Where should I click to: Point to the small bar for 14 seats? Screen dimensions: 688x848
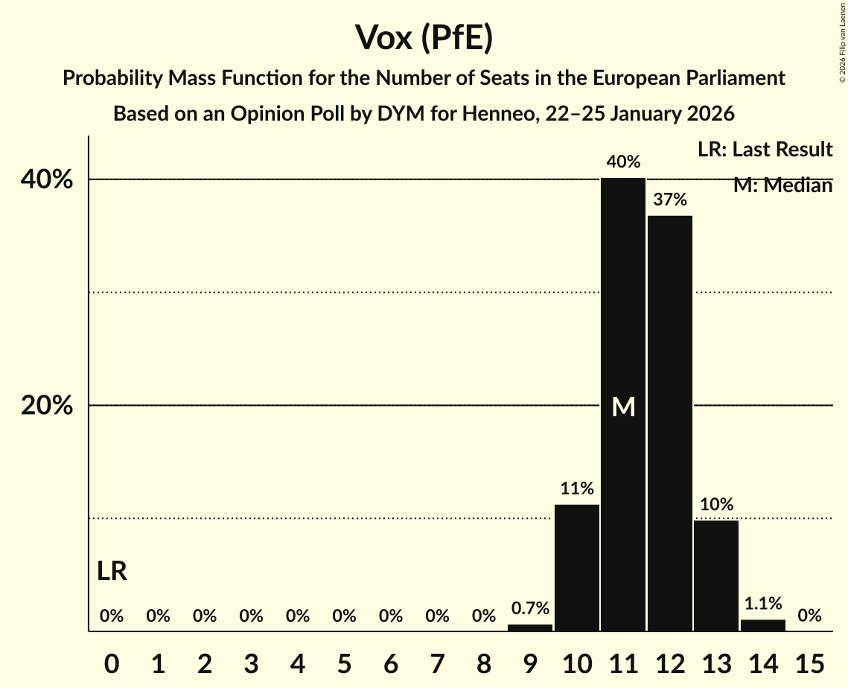[x=762, y=625]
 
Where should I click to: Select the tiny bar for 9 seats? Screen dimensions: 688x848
[x=530, y=628]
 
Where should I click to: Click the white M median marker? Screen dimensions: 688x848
[x=623, y=407]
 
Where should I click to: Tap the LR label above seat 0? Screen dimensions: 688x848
[x=112, y=572]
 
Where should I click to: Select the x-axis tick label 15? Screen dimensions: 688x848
[x=809, y=662]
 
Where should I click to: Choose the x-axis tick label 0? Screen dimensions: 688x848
[x=112, y=662]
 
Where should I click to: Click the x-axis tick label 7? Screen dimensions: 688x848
[x=437, y=662]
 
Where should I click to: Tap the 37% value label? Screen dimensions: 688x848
[x=669, y=200]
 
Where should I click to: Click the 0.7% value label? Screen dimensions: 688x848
[x=530, y=608]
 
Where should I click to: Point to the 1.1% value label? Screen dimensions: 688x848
[x=762, y=604]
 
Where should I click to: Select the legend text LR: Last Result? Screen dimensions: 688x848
[x=765, y=150]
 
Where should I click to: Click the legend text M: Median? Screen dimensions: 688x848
[x=782, y=185]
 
